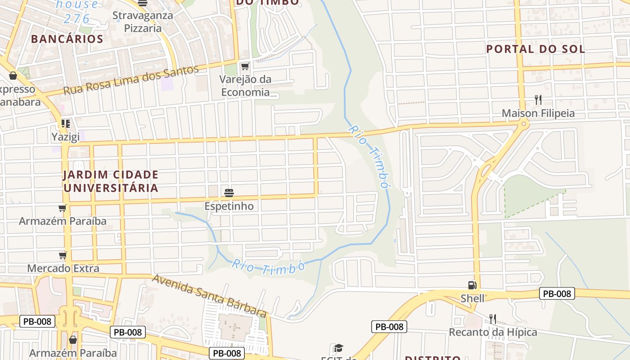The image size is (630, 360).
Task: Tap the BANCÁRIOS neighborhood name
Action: point(67,39)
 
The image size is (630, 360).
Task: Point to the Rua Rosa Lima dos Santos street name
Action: point(131,80)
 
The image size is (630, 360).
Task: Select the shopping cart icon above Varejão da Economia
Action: point(245,67)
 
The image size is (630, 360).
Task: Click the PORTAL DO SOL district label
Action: point(535,49)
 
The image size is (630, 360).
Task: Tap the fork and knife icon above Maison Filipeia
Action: point(538,99)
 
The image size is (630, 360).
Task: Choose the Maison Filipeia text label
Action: point(538,113)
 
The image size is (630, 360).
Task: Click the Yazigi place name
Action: point(65,136)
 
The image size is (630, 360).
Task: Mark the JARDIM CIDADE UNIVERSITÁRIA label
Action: point(111,181)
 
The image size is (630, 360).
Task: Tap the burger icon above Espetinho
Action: point(229,193)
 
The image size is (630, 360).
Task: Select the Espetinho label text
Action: point(229,206)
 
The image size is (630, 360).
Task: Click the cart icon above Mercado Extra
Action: point(63,255)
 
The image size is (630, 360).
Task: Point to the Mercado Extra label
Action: point(63,268)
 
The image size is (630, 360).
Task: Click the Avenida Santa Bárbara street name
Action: point(209,295)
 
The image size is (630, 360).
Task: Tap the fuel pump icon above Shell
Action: point(472,285)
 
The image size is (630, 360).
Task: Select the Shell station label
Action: point(472,298)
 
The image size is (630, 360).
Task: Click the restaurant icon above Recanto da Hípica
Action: point(493,319)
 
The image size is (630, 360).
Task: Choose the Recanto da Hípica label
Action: point(493,332)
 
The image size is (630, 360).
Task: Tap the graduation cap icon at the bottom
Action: point(338,348)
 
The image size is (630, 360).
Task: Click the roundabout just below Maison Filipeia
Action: point(523,124)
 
